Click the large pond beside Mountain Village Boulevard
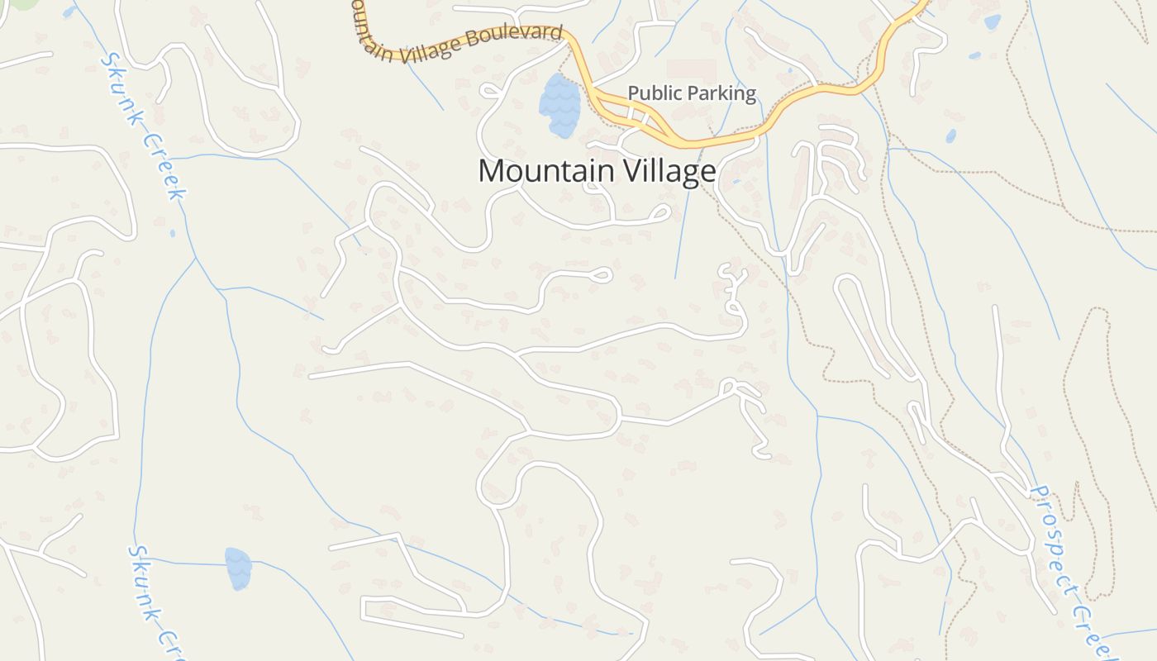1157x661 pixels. pos(559,106)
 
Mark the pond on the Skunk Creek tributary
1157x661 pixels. pos(238,568)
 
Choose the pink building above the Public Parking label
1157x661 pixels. pos(691,69)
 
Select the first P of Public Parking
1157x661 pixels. pos(633,93)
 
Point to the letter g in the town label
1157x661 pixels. pos(692,174)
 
